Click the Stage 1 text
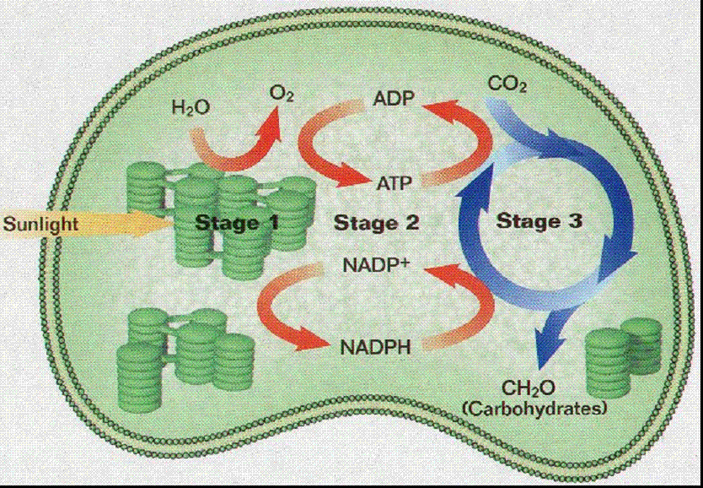(x=238, y=223)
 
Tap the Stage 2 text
(x=376, y=223)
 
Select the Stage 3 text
(x=539, y=222)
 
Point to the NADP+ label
(x=375, y=263)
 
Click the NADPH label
(x=377, y=346)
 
